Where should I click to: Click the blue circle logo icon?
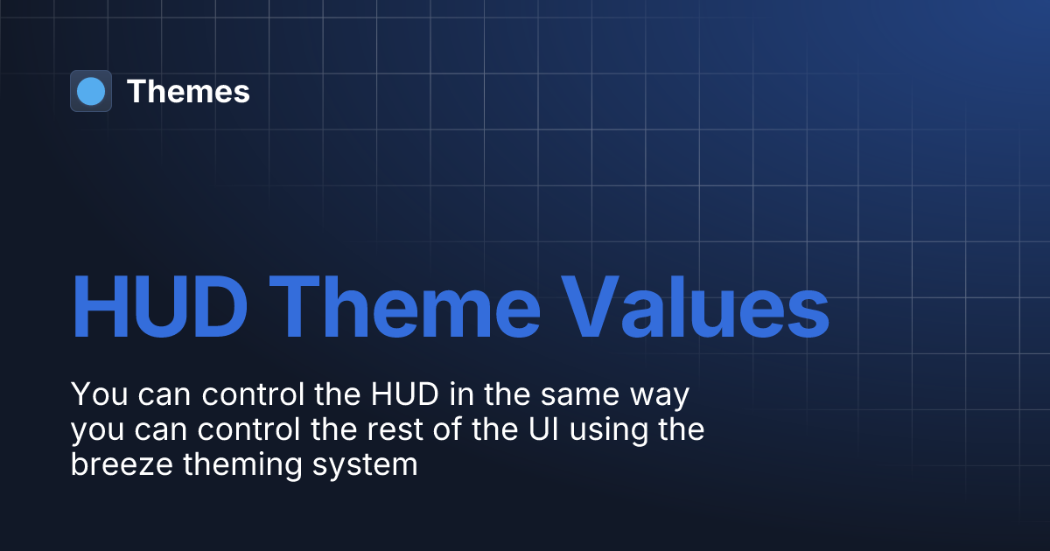[91, 91]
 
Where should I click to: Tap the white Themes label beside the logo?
[188, 91]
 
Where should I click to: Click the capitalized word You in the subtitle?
[96, 394]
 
